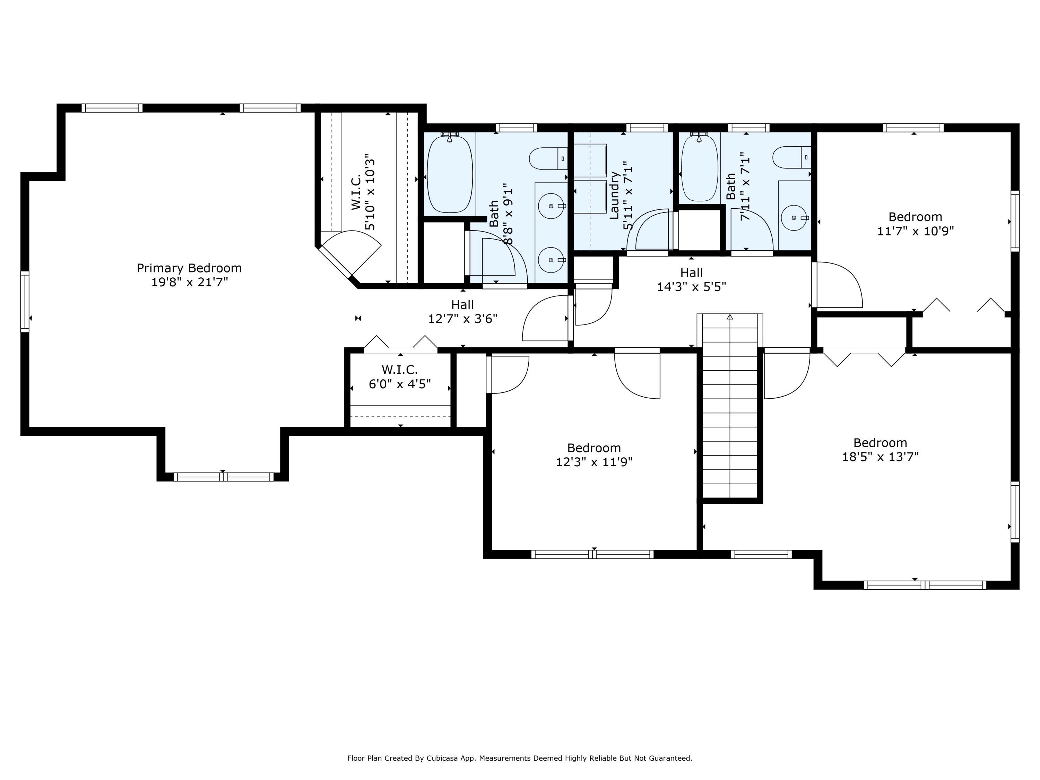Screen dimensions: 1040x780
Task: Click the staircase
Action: click(x=730, y=405)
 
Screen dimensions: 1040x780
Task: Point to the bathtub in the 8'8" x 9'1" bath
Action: click(x=450, y=173)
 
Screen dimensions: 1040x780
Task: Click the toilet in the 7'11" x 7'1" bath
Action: click(x=792, y=157)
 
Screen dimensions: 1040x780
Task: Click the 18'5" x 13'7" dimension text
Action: click(x=880, y=457)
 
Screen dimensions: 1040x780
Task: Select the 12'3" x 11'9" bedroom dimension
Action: click(x=594, y=462)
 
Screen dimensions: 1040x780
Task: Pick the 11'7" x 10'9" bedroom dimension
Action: click(x=915, y=231)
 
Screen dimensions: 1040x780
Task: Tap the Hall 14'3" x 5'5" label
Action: click(x=691, y=279)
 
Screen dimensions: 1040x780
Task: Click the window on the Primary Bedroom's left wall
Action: click(x=25, y=302)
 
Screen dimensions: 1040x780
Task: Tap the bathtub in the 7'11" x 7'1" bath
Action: click(x=700, y=167)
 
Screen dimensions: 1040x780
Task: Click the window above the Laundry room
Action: click(x=647, y=128)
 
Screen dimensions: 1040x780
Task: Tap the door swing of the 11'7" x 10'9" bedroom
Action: click(x=839, y=285)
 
